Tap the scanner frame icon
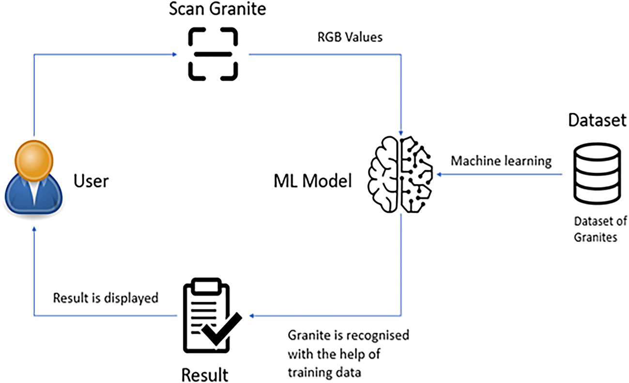click(213, 53)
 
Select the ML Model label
click(312, 182)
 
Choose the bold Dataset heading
click(597, 121)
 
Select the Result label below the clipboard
click(205, 373)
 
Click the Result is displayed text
click(106, 298)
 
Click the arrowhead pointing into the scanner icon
click(174, 54)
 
